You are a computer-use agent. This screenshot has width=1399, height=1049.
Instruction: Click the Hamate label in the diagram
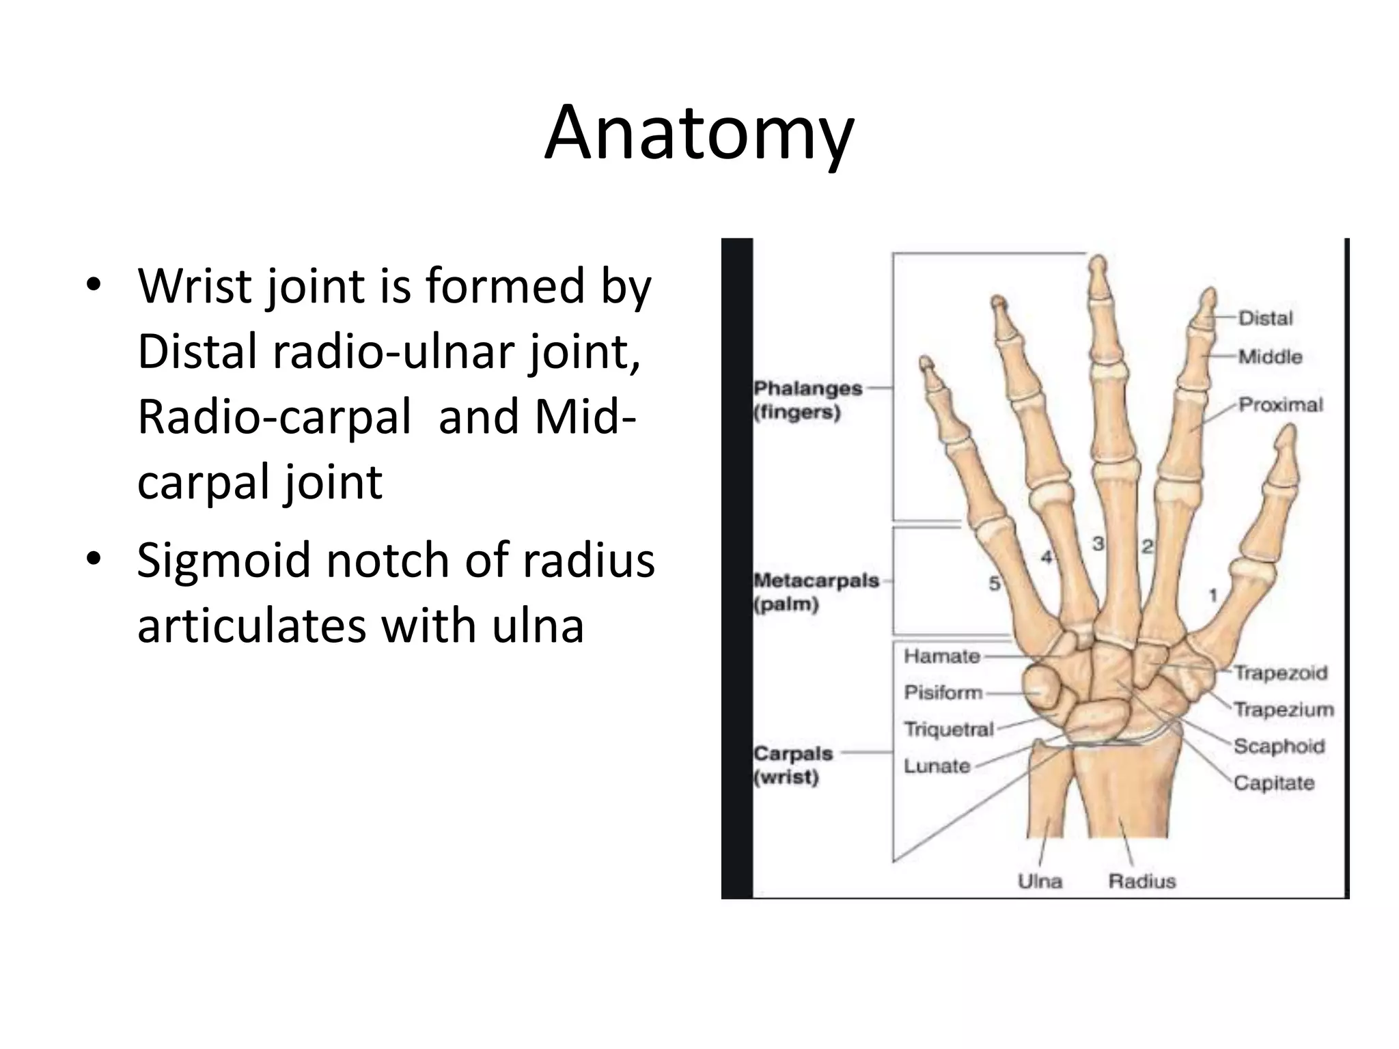(x=942, y=656)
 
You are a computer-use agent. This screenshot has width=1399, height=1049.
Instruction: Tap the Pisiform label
(x=943, y=693)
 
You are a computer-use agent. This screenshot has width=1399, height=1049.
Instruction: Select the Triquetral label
(x=948, y=729)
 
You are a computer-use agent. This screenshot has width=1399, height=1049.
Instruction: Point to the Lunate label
(x=937, y=766)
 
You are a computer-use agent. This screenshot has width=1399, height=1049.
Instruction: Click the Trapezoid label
(x=1280, y=673)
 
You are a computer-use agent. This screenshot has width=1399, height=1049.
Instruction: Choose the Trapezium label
(x=1283, y=710)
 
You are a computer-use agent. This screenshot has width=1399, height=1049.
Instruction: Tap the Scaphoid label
(x=1279, y=746)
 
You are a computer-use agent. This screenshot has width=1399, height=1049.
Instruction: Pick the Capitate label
(x=1273, y=783)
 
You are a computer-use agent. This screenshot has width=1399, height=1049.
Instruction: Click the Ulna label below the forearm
(x=1040, y=881)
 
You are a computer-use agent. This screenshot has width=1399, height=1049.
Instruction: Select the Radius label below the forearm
(x=1141, y=881)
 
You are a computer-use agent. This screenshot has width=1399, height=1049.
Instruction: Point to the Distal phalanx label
(x=1265, y=318)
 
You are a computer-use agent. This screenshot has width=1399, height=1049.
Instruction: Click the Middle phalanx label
(x=1270, y=356)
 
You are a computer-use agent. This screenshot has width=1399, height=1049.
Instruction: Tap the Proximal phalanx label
(x=1280, y=405)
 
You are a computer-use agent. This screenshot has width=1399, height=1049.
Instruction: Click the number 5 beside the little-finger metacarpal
(x=995, y=583)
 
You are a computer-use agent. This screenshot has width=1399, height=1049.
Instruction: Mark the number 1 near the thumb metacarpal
(x=1213, y=596)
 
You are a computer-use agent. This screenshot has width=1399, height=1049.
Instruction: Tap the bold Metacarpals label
(x=816, y=581)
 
